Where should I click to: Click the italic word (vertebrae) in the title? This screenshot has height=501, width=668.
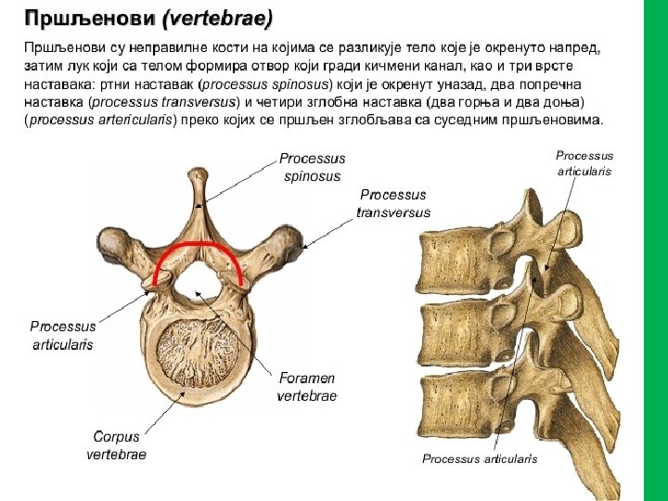[216, 18]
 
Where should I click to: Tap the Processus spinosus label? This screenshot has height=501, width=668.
[312, 167]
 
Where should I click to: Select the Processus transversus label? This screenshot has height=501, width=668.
[393, 203]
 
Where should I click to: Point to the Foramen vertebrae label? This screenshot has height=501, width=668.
[306, 387]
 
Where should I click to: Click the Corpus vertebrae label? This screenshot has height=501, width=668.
[116, 445]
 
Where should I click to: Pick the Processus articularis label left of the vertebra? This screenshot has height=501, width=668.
[62, 335]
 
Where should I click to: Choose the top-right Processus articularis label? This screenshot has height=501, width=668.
[584, 163]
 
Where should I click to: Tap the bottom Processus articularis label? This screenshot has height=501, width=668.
[480, 458]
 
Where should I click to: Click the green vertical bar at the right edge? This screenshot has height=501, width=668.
[655, 250]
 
